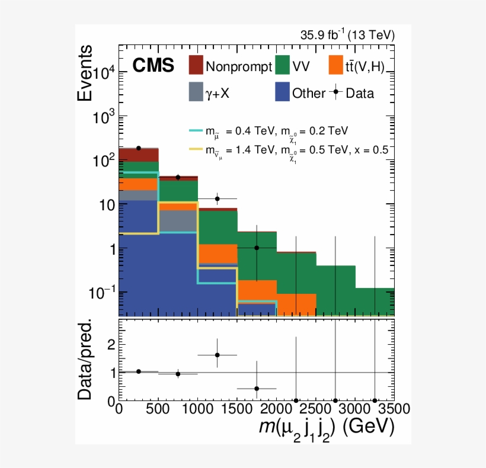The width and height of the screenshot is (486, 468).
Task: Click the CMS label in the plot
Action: click(153, 66)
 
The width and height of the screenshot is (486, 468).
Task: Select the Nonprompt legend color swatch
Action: click(196, 65)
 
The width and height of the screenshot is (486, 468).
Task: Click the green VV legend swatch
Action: click(286, 65)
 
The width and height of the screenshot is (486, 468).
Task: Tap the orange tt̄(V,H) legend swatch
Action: click(336, 65)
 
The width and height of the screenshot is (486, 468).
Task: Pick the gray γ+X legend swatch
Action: click(196, 92)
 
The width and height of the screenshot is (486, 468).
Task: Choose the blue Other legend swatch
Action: click(286, 92)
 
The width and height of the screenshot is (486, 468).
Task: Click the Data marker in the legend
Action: click(337, 92)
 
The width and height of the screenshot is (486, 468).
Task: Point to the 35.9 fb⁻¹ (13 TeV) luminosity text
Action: click(347, 36)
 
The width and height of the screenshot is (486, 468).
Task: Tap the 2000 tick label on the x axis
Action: click(276, 409)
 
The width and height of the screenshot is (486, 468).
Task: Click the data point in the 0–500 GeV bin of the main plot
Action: click(139, 148)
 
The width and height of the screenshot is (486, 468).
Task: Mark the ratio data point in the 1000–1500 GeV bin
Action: click(218, 355)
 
